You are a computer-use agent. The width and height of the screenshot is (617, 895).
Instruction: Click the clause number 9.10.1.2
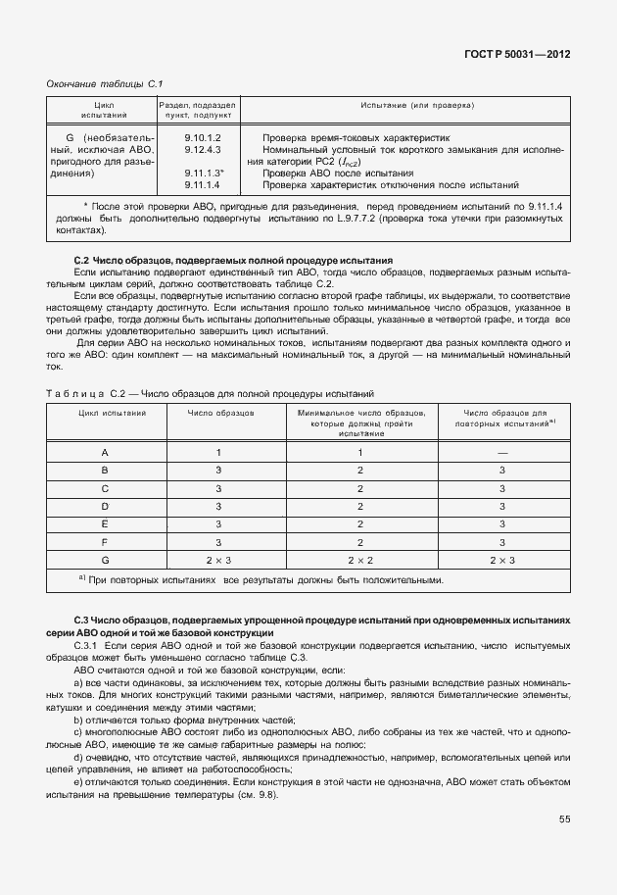203,138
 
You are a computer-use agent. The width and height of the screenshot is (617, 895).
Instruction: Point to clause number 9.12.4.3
203,150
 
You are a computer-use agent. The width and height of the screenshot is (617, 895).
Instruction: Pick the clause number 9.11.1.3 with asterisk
205,173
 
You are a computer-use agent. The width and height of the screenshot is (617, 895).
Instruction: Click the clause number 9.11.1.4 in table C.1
203,184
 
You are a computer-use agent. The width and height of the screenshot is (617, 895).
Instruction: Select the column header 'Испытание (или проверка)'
403,104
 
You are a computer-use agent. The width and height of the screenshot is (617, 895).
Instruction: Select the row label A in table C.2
105,452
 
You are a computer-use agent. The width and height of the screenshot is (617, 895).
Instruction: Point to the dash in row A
501,452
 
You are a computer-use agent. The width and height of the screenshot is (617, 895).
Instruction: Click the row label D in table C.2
105,506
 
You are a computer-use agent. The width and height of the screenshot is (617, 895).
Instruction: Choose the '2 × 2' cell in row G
360,559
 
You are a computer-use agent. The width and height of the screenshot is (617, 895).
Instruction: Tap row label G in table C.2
105,559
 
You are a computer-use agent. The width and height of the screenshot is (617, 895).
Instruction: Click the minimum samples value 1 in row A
360,452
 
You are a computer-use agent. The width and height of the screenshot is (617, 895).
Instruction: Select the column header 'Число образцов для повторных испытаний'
502,420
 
